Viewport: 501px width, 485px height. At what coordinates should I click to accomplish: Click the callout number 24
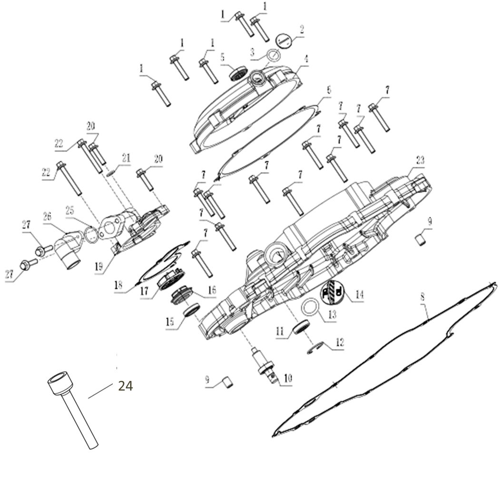[125, 386]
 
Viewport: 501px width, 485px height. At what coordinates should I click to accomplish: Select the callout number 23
[420, 160]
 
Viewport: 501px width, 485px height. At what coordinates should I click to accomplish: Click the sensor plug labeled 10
[263, 366]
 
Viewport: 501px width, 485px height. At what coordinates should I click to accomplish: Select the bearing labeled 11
[302, 327]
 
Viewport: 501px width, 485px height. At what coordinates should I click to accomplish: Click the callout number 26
[46, 215]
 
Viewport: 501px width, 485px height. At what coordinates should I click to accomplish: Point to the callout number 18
[119, 285]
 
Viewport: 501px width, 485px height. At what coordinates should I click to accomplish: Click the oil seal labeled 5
[238, 74]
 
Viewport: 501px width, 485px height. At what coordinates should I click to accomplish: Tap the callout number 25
[70, 209]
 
